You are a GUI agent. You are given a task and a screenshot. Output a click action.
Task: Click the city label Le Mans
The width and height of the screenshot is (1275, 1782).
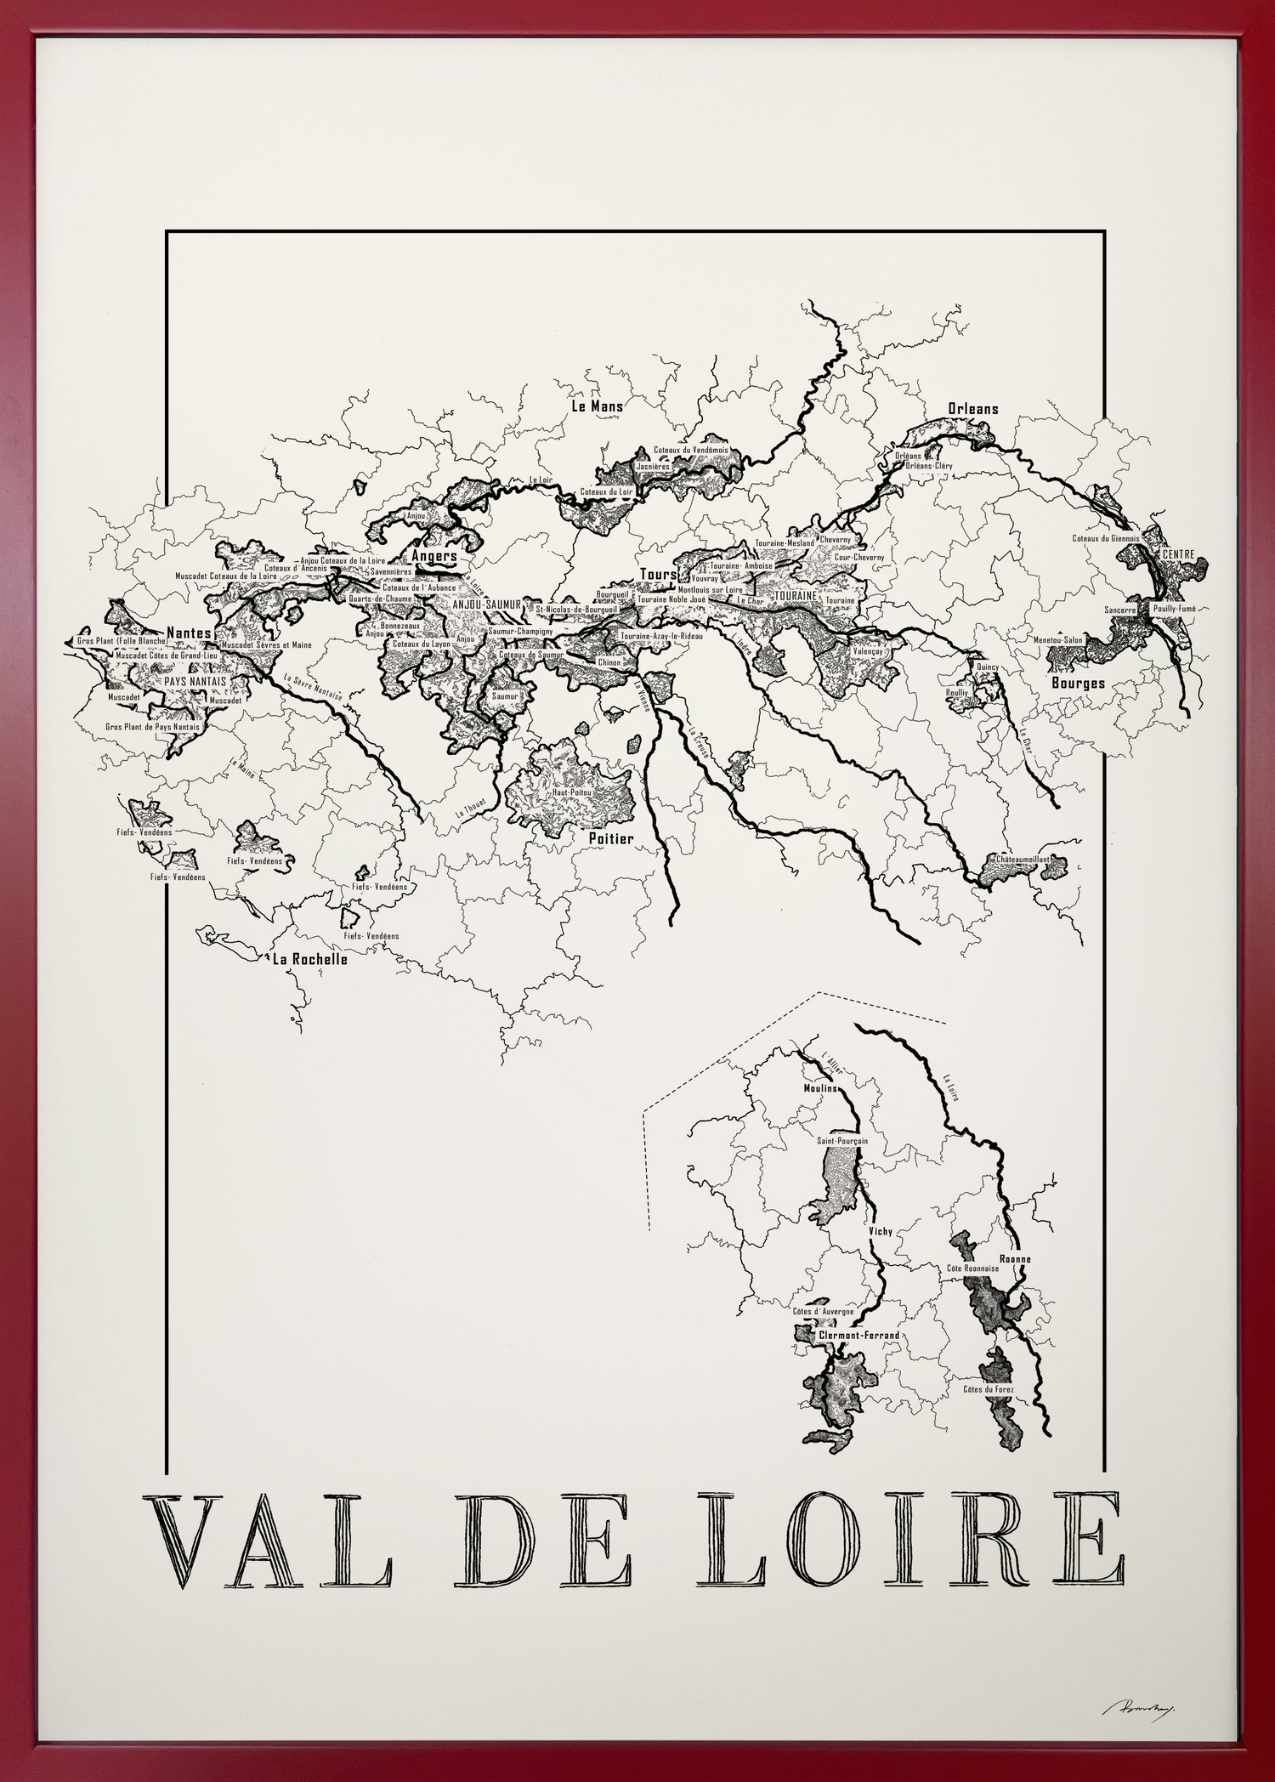597,406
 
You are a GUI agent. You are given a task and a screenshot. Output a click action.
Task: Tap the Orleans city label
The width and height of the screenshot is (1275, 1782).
972,409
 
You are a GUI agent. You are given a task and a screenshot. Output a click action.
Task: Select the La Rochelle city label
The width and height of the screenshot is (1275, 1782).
309,960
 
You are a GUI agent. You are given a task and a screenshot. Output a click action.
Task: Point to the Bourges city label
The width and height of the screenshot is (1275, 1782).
1078,683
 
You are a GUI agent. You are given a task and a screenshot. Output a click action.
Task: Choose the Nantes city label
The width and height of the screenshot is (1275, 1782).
189,633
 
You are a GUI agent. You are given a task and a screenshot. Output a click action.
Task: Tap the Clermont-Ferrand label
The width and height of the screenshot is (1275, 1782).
858,1336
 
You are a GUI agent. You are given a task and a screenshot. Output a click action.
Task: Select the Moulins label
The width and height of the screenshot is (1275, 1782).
820,1088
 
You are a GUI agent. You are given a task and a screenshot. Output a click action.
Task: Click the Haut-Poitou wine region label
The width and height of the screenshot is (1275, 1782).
571,792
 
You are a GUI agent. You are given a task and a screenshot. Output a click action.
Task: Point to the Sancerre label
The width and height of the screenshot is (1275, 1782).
1119,610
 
